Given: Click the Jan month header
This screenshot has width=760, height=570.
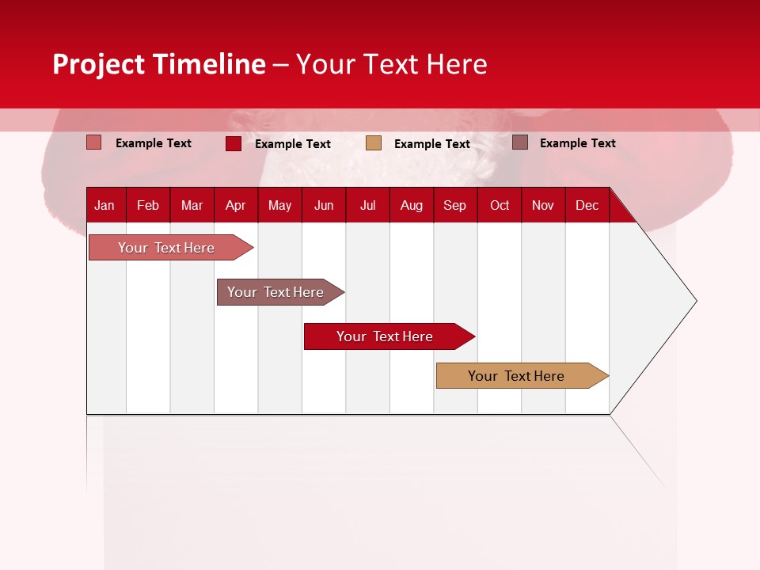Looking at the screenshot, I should click(104, 205).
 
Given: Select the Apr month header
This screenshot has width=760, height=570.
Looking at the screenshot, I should click(236, 205).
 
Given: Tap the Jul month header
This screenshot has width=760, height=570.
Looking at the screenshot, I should click(368, 205).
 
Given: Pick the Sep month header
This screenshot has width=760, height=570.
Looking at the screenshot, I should click(454, 205).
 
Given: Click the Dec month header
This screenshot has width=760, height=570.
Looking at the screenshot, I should click(587, 205).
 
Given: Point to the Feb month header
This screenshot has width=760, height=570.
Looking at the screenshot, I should click(148, 205).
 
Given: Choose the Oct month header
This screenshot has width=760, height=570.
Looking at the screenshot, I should click(500, 205).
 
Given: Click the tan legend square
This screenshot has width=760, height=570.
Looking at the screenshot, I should click(374, 143).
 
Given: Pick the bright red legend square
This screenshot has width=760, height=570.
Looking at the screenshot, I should click(234, 143).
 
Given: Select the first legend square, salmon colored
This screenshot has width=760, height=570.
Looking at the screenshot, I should click(94, 142).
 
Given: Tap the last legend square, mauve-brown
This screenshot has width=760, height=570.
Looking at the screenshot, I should click(520, 142).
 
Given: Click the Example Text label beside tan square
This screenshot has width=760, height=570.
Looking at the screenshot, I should click(431, 144).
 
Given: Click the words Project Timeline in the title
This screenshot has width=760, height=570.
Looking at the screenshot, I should click(159, 64).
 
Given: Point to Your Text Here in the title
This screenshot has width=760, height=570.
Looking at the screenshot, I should click(391, 64).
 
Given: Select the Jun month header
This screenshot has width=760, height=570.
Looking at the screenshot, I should click(324, 205).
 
